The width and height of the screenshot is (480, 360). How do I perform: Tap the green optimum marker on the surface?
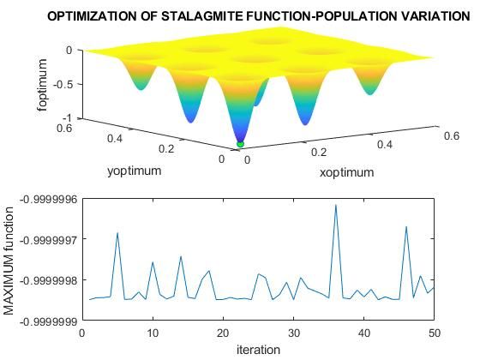[240, 144]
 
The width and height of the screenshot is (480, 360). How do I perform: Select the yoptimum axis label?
[134, 171]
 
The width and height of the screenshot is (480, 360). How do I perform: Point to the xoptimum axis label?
[346, 172]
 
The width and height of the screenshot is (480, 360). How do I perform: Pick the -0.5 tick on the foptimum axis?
[66, 84]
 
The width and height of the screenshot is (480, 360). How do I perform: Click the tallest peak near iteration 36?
[335, 205]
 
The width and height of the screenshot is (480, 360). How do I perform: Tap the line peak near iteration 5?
[117, 233]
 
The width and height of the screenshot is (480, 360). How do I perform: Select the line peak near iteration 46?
[406, 227]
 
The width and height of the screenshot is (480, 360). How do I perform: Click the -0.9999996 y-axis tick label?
[45, 198]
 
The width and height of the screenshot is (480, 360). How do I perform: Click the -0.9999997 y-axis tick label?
[45, 239]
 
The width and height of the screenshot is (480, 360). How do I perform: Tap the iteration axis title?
[258, 349]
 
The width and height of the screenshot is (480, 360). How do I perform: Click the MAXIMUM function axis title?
[9, 260]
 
